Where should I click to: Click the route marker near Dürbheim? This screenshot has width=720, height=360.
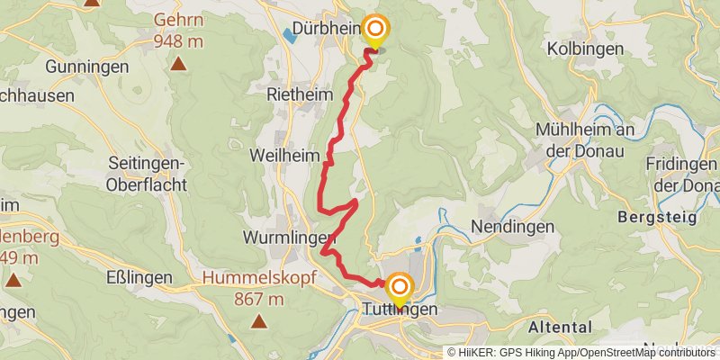[374, 31]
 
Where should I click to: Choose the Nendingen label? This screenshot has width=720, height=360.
[512, 227]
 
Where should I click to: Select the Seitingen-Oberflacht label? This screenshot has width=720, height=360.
[147, 174]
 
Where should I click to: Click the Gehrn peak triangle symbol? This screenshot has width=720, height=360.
[180, 63]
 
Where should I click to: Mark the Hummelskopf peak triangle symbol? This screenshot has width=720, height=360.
[259, 320]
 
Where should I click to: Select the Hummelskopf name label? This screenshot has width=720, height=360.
[259, 278]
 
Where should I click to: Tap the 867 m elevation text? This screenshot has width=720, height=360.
[259, 299]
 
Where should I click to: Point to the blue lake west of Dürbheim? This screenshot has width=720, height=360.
[288, 35]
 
